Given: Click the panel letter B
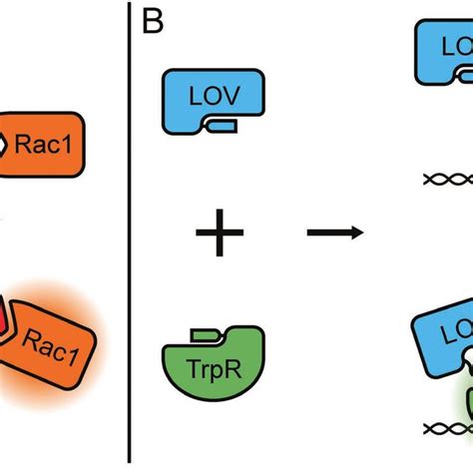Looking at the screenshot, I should (x=152, y=23).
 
